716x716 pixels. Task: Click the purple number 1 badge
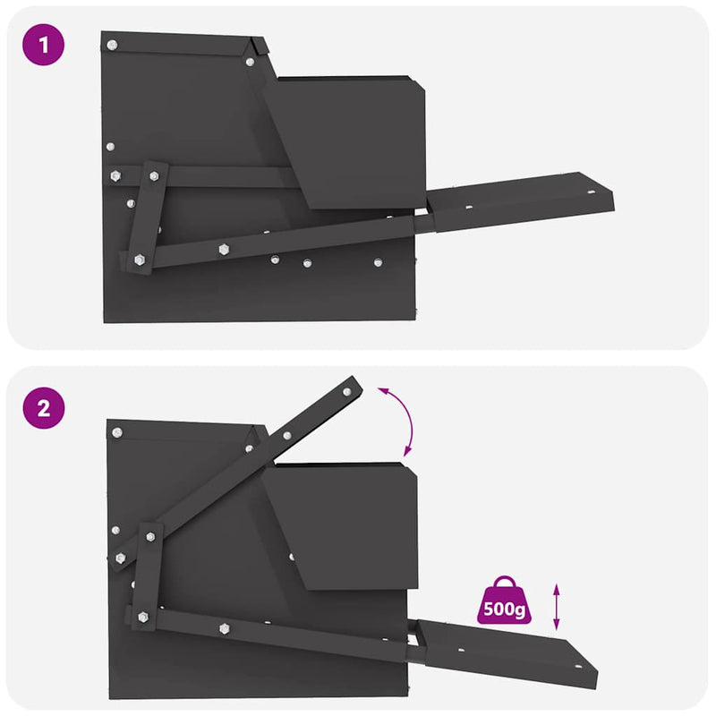click(45, 47)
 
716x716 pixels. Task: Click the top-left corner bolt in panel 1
click(112, 43)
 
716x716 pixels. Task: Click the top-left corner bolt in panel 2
click(116, 432)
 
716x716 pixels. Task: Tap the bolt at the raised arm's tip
click(348, 389)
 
